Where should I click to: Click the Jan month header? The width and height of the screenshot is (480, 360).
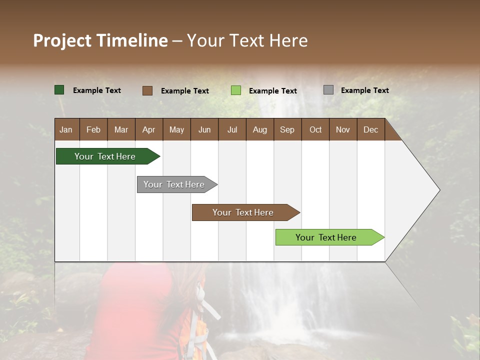click(x=66, y=130)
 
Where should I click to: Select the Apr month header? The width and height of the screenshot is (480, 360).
click(x=148, y=130)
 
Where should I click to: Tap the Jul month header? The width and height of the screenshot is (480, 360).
click(x=232, y=130)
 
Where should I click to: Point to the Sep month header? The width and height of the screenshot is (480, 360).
click(x=287, y=130)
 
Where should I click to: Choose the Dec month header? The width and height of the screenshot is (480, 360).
click(x=370, y=130)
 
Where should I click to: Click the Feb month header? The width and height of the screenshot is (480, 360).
click(x=93, y=130)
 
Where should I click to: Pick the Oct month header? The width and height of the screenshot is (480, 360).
click(x=315, y=130)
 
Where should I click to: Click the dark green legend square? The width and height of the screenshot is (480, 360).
click(x=59, y=90)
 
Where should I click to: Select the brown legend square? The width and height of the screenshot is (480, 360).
click(x=147, y=90)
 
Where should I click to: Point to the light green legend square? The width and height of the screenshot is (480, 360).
click(x=236, y=90)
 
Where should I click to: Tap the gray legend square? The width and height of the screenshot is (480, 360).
click(x=328, y=90)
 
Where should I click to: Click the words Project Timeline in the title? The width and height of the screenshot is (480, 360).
click(x=100, y=40)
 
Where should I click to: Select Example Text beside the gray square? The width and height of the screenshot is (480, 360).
click(x=364, y=90)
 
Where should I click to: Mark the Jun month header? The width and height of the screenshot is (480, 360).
click(x=204, y=130)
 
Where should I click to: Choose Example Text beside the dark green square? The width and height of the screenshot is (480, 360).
click(x=96, y=90)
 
